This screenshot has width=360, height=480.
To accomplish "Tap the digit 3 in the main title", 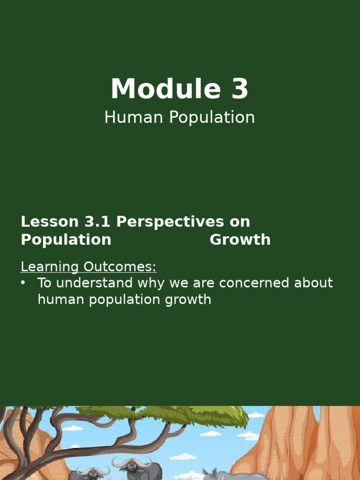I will [x=239, y=89].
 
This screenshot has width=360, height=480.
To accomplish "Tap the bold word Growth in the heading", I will [x=240, y=240].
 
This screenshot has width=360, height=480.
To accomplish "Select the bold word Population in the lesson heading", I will [x=66, y=240].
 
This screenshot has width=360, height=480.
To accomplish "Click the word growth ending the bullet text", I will [x=187, y=300].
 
